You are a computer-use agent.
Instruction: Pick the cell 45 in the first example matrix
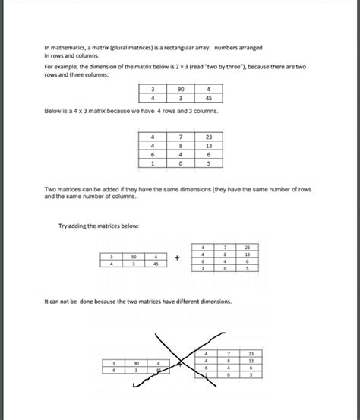coord(208,97)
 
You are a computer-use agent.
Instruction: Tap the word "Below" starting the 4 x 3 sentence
coord(53,112)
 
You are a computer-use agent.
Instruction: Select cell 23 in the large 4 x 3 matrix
coord(208,137)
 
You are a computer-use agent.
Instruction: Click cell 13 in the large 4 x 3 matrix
coord(208,145)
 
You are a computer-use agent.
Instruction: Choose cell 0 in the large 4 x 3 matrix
coord(182,163)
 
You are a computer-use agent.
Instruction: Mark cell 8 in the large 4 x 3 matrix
coord(182,145)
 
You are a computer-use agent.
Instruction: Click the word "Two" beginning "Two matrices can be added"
coord(50,188)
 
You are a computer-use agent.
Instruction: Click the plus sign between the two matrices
coord(176,257)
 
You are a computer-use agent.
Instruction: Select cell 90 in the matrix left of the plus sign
coord(134,257)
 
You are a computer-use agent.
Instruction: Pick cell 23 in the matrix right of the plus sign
coord(247,248)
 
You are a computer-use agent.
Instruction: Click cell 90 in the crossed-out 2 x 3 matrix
coord(137,363)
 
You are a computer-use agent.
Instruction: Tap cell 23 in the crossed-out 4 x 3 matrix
coord(251,353)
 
